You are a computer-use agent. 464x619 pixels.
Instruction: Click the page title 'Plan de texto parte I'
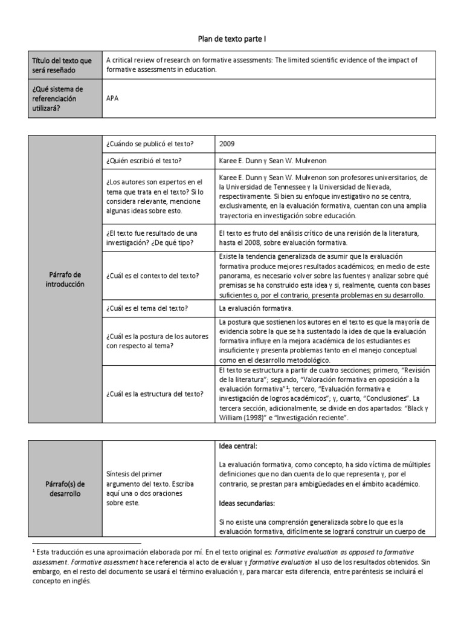pyautogui.click(x=232, y=39)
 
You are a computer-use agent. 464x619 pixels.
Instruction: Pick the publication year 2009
pyautogui.click(x=228, y=144)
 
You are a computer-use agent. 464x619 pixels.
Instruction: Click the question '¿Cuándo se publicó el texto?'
pyautogui.click(x=149, y=144)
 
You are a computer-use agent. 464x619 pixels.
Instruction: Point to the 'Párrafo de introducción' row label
pyautogui.click(x=66, y=279)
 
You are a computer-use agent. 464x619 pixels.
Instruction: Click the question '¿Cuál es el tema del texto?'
pyautogui.click(x=147, y=308)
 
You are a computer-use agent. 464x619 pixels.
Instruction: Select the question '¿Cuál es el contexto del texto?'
pyautogui.click(x=152, y=276)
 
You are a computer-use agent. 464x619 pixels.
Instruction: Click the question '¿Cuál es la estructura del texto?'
pyautogui.click(x=154, y=394)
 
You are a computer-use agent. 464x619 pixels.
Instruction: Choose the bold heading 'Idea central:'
pyautogui.click(x=238, y=446)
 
